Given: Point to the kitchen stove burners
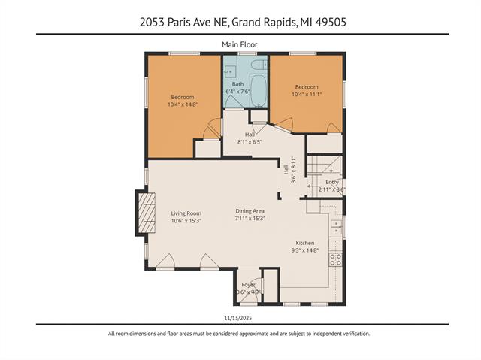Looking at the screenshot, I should point(336,259).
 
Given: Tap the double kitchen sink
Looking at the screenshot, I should point(338,226).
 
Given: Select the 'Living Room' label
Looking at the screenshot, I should point(186,213).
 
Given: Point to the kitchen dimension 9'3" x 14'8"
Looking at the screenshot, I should point(305,250).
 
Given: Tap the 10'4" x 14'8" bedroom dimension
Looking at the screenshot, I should point(183,104).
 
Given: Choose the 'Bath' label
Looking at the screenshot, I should point(237,84).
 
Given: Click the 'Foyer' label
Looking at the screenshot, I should point(248,285).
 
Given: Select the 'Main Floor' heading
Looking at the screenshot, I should point(240,44).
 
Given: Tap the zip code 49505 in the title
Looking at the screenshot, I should point(331,23).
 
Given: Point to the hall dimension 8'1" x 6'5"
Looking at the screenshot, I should point(249,141).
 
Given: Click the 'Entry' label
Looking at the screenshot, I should point(331,182).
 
